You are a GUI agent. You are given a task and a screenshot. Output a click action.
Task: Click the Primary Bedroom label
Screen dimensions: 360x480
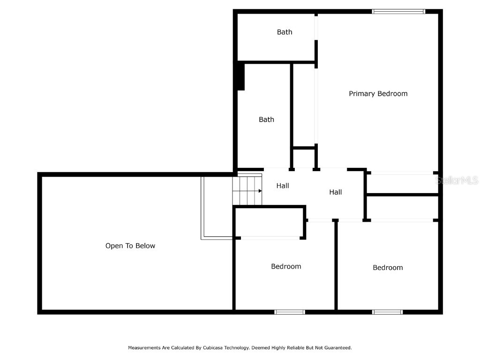[378, 94]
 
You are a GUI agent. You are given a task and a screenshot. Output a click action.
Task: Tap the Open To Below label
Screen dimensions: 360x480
[130, 246]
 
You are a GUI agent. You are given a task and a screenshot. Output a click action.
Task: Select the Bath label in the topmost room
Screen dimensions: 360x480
[284, 32]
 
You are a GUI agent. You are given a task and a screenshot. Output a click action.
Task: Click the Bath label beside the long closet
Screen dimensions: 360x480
[266, 120]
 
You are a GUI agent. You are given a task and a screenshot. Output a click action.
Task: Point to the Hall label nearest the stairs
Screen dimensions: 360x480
[282, 186]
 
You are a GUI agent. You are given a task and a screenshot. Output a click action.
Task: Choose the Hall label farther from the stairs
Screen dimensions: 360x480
[335, 192]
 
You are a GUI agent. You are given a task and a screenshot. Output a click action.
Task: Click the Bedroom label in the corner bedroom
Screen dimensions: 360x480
[388, 268]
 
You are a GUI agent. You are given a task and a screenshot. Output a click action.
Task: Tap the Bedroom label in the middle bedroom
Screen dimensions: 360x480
[286, 266]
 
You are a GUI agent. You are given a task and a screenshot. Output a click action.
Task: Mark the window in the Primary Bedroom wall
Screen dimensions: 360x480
[398, 11]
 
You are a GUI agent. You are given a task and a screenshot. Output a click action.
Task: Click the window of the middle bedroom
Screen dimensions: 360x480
[290, 312]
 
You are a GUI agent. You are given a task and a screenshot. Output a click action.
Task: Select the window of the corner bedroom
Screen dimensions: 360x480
[387, 312]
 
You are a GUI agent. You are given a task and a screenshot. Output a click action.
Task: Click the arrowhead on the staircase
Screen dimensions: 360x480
[260, 191]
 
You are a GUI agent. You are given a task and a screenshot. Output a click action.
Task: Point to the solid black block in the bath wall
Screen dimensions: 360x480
[241, 76]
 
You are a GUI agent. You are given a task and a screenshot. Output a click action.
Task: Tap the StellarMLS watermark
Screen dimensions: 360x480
[457, 180]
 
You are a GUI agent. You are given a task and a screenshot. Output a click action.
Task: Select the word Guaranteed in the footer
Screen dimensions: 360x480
[336, 348]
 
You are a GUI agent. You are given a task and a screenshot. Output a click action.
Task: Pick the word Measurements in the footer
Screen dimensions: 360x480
[145, 348]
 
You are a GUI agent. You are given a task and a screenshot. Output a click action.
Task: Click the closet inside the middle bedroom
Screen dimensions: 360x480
[270, 223]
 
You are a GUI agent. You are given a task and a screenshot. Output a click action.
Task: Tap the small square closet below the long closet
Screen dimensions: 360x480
[304, 158]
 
